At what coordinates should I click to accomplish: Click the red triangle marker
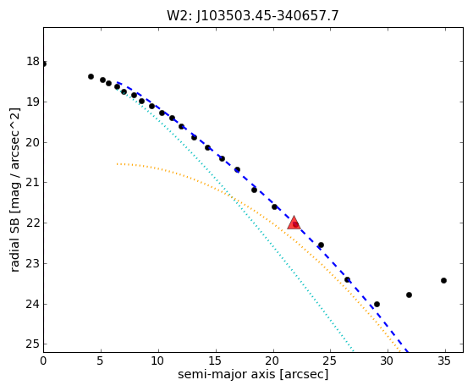(x=294, y=223)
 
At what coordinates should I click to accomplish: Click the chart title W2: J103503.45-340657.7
(x=253, y=16)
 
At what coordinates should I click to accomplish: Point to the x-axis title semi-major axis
(x=227, y=374)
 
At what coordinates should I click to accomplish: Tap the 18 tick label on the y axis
(x=33, y=62)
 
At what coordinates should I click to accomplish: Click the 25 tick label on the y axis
(x=33, y=344)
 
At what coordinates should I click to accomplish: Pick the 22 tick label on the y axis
(x=33, y=223)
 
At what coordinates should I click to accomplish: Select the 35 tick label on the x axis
(x=443, y=361)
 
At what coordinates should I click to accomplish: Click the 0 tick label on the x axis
(x=43, y=361)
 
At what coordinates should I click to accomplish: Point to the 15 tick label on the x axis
(x=216, y=361)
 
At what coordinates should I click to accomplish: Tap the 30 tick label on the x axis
(x=387, y=361)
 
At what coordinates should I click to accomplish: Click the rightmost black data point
(x=443, y=281)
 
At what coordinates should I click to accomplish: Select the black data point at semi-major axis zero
(x=44, y=64)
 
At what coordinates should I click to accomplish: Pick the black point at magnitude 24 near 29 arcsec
(x=377, y=304)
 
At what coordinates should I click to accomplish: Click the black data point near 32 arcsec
(x=409, y=295)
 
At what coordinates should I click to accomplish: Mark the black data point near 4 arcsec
(x=91, y=77)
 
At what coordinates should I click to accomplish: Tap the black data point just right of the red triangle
(x=321, y=245)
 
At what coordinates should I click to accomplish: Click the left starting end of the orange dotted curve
(x=117, y=164)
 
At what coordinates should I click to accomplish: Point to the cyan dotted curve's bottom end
(x=353, y=352)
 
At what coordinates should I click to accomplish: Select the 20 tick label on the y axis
(x=33, y=142)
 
